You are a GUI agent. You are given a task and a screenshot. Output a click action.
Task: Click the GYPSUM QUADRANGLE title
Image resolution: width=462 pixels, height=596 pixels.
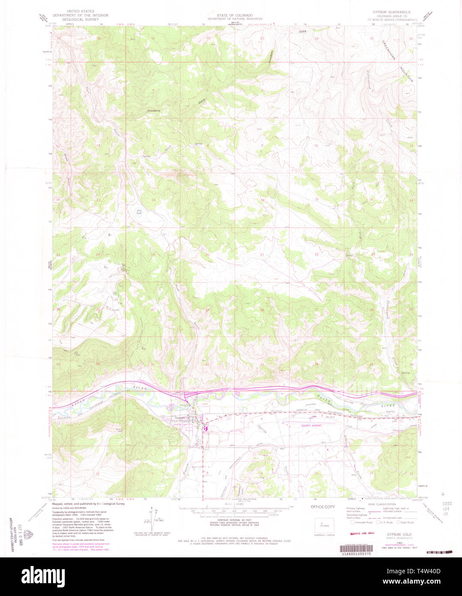392,12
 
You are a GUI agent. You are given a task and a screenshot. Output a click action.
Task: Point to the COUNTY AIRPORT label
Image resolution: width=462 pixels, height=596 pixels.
311,426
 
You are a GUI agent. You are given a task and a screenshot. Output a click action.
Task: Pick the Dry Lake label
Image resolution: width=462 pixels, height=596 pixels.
139,211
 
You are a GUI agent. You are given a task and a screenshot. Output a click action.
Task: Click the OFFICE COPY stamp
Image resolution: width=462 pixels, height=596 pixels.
323,507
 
